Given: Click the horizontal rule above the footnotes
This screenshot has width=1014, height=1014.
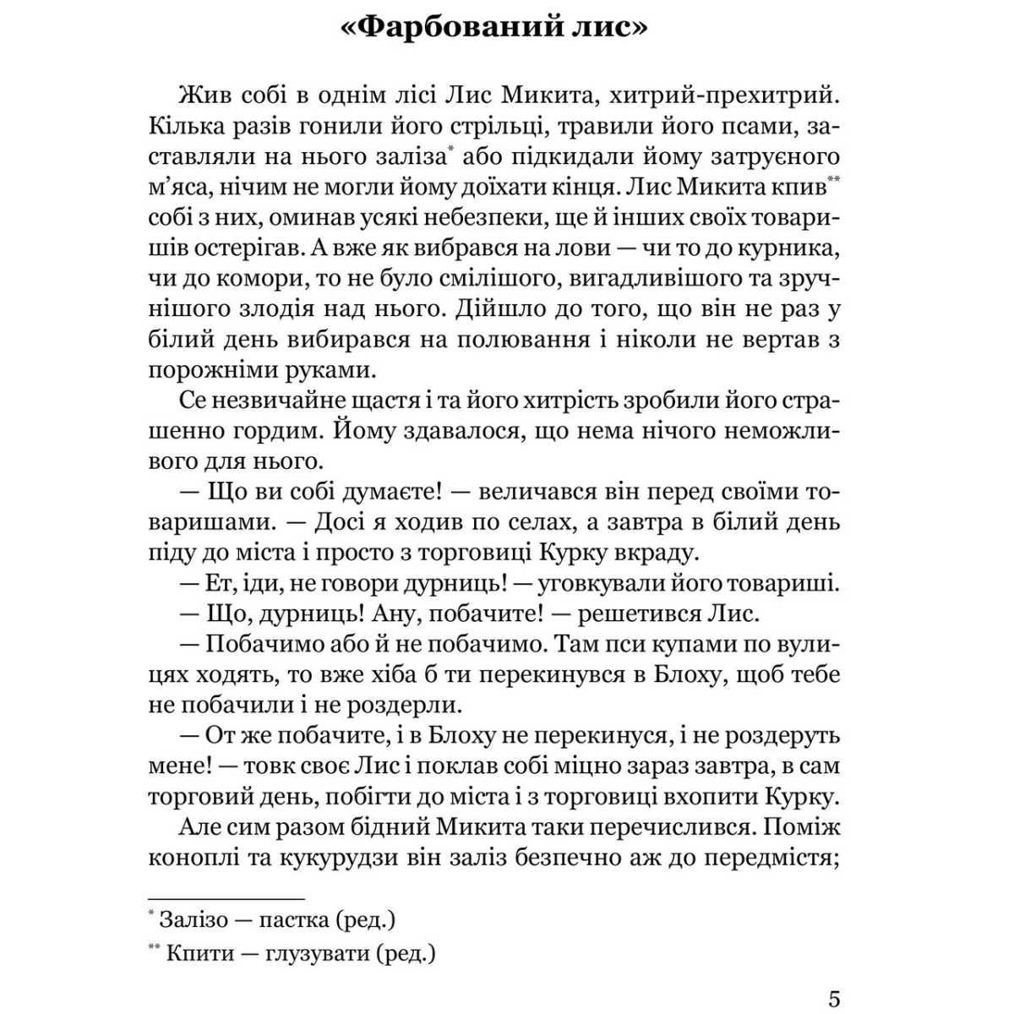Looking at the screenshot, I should [226, 898].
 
